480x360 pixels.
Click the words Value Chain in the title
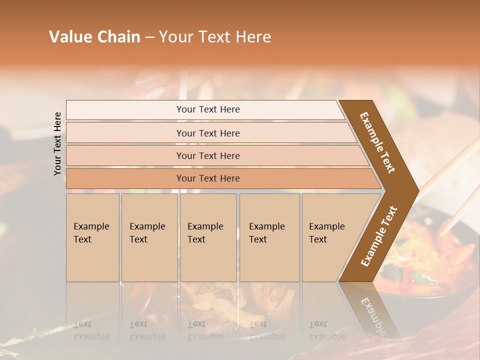(x=94, y=37)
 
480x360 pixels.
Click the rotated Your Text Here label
(x=57, y=143)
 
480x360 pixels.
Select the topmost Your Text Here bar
(x=207, y=109)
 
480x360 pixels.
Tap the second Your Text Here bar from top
(x=207, y=133)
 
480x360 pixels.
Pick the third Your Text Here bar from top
(x=207, y=155)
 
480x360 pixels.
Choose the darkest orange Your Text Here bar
(x=207, y=178)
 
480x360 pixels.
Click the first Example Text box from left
(x=92, y=237)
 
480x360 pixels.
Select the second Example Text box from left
(x=149, y=237)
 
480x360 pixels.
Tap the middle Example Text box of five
(x=207, y=237)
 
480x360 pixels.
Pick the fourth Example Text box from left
(x=269, y=237)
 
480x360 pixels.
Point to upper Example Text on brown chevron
(x=377, y=142)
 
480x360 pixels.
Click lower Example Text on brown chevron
(x=379, y=236)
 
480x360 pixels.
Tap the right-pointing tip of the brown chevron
(x=416, y=190)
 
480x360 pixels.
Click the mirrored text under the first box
(x=91, y=330)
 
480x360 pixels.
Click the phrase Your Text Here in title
(x=215, y=37)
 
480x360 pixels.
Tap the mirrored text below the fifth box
(x=327, y=330)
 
